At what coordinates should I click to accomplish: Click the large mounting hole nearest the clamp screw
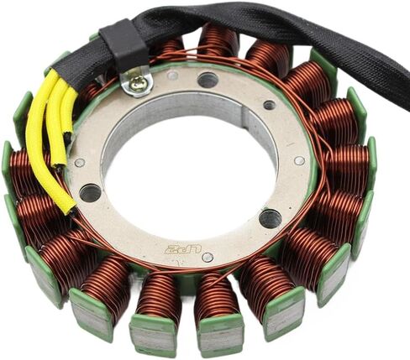point(207,81)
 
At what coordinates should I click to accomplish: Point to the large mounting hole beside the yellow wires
point(90,192)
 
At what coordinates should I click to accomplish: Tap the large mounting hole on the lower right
point(270,218)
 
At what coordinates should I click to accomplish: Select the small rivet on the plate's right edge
point(299,160)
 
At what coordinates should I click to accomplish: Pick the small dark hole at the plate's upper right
point(269,105)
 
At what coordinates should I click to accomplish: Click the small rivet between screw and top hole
point(171,76)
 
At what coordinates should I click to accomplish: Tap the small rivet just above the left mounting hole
point(80,163)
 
